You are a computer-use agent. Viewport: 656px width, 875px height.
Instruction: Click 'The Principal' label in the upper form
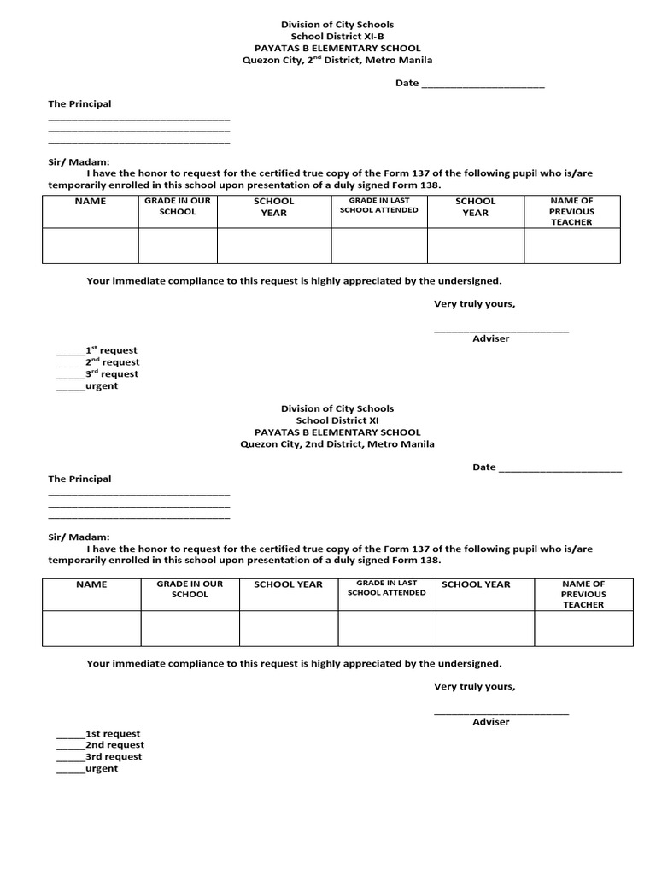79,104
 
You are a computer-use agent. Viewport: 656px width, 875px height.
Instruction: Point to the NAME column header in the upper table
91,202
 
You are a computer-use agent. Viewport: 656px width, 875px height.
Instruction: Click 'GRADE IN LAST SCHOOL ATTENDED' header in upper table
378,205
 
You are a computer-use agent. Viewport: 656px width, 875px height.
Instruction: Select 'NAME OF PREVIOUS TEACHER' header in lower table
583,594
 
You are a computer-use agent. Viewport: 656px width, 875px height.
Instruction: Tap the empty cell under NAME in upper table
91,245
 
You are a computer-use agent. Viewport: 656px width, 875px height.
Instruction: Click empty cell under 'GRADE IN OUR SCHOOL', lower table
190,628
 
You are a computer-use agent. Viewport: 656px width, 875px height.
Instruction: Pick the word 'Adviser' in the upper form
490,338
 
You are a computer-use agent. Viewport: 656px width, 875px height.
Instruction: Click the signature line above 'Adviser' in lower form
501,714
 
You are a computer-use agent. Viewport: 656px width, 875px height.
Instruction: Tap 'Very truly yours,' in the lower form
474,686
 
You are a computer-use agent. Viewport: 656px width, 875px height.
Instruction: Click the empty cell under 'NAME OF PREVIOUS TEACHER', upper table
571,245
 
